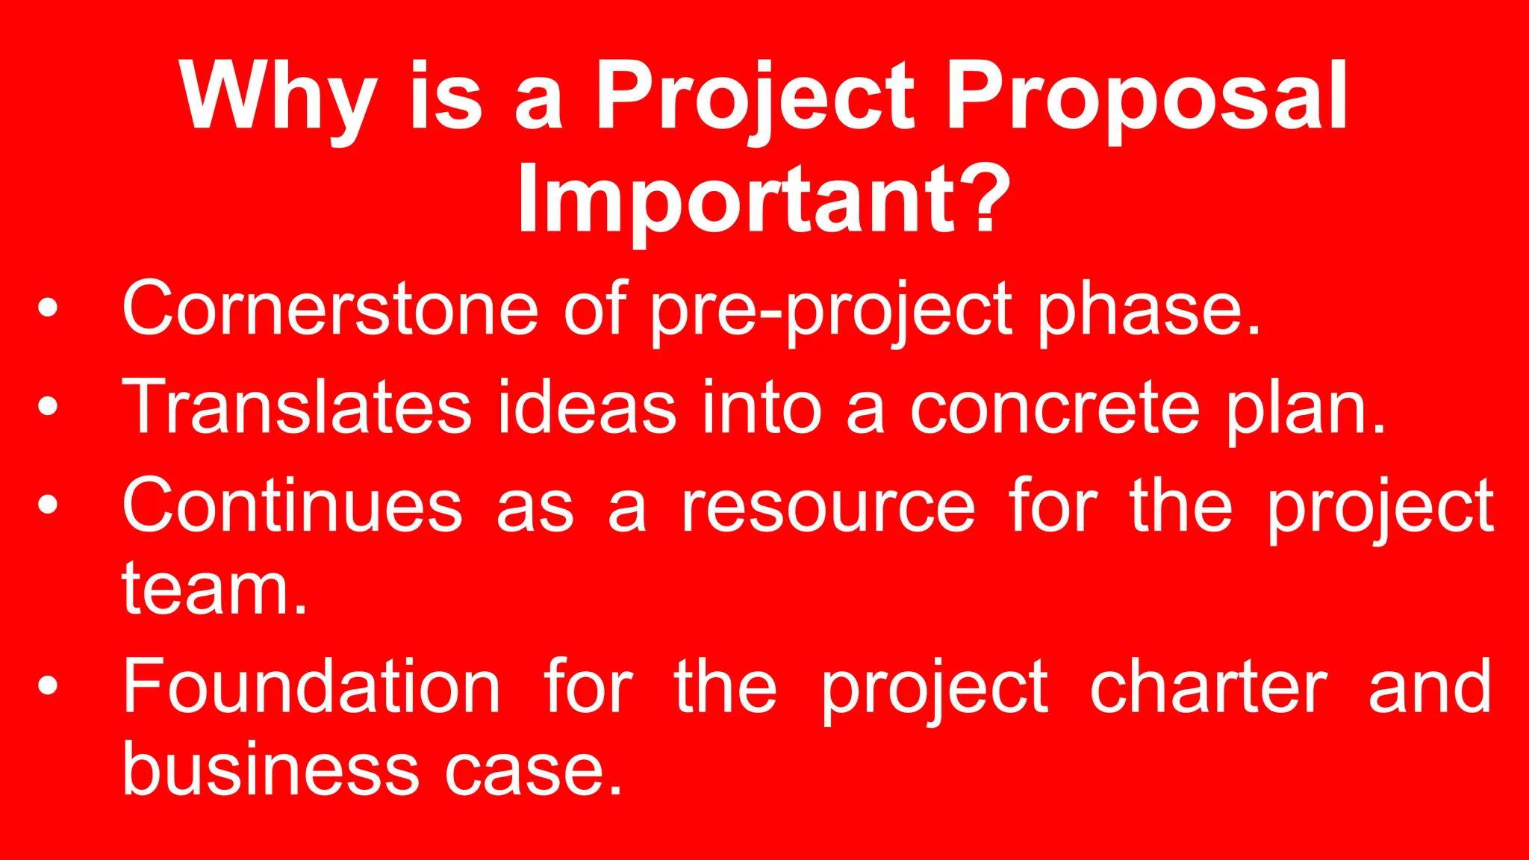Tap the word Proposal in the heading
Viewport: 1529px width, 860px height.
coord(1147,97)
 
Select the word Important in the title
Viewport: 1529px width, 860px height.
coord(735,200)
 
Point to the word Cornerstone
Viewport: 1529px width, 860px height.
coord(329,308)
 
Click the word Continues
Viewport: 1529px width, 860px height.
coord(292,506)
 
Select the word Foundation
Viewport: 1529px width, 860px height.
coord(311,687)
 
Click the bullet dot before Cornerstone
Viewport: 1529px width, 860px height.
coord(48,308)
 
